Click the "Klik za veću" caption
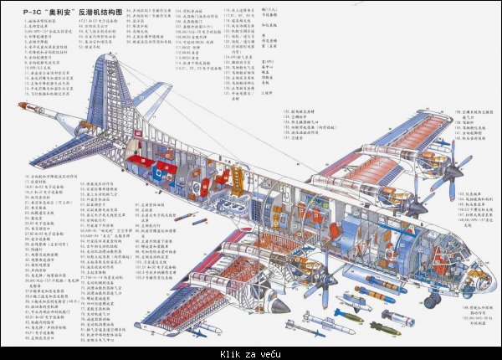[250, 352]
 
